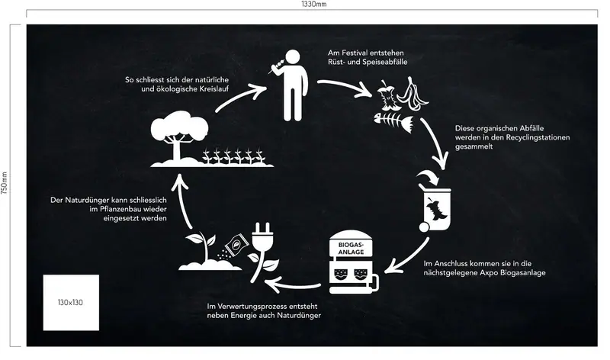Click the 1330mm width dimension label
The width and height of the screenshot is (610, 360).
(x=314, y=4)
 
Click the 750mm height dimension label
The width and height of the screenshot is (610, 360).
(x=4, y=183)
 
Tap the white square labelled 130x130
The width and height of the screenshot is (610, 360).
(x=71, y=302)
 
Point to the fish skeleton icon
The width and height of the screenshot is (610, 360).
(x=393, y=122)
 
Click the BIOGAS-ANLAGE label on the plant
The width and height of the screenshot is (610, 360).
(x=351, y=249)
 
